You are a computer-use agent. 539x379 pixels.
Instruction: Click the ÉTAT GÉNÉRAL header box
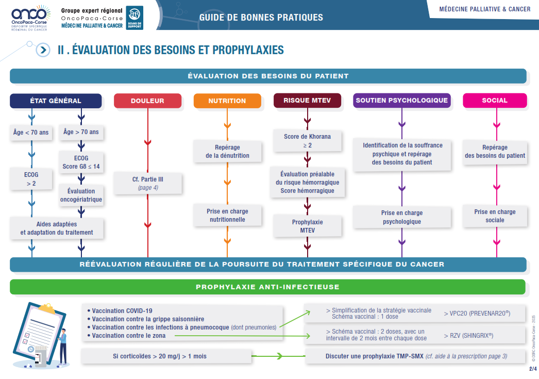click(x=56, y=101)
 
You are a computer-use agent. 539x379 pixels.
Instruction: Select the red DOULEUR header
click(x=147, y=101)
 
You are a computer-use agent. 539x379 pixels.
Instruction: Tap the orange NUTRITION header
click(x=227, y=101)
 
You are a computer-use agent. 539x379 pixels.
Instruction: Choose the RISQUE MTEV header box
click(x=307, y=101)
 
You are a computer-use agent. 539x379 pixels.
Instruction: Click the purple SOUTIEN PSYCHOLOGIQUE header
click(x=402, y=101)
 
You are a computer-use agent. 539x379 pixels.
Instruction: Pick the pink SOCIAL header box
click(x=495, y=101)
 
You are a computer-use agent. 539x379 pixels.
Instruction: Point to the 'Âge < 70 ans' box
click(x=31, y=133)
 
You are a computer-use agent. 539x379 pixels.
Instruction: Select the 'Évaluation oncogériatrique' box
click(x=81, y=195)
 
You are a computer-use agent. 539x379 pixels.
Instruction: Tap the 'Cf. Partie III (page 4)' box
click(x=148, y=184)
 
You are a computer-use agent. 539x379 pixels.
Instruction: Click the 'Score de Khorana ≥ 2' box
click(x=307, y=141)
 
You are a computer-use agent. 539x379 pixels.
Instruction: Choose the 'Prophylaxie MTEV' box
click(x=307, y=226)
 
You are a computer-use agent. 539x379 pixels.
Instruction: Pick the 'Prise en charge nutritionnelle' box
click(x=227, y=216)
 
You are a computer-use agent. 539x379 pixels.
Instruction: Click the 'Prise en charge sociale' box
click(x=495, y=216)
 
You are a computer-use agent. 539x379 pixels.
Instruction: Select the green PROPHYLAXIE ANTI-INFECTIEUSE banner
click(x=267, y=287)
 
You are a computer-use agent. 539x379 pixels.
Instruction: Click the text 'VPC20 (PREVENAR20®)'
click(x=477, y=313)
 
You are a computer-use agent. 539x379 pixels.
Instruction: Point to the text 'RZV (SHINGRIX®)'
click(x=468, y=335)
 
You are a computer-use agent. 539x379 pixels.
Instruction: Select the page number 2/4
click(x=532, y=369)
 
